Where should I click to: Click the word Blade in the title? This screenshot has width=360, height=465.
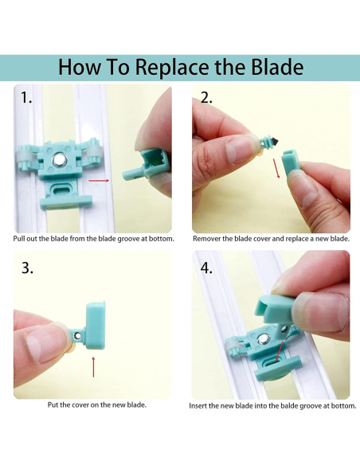tap(277, 67)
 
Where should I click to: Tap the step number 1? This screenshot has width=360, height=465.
tap(26, 98)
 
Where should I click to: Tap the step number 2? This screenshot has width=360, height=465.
tap(206, 98)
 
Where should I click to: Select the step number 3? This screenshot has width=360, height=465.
tap(27, 268)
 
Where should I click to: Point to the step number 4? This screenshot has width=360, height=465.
tap(206, 268)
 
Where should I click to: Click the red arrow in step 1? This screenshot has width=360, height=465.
tap(99, 180)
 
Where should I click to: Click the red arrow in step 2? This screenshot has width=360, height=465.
tap(276, 168)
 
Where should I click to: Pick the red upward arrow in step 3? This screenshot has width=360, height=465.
tap(93, 367)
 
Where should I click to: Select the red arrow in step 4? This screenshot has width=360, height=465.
tap(280, 350)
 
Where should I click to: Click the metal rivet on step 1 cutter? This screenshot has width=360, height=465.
tap(58, 160)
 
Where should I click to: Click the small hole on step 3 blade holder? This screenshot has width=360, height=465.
tap(77, 335)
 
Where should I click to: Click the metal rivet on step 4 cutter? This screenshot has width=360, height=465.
tap(263, 338)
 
